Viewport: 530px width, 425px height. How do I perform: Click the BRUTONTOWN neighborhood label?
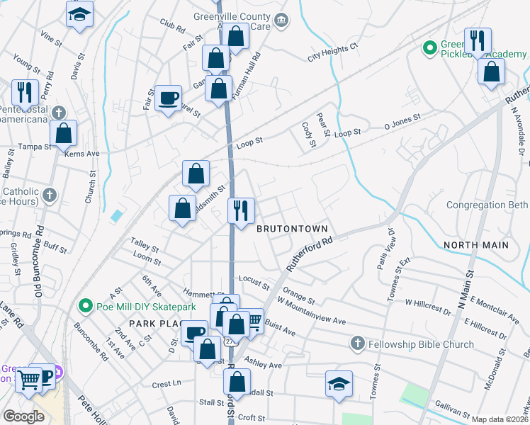click(x=292, y=229)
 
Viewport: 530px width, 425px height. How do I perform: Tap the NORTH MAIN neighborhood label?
click(x=475, y=245)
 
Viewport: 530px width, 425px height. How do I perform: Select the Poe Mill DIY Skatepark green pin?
click(x=86, y=306)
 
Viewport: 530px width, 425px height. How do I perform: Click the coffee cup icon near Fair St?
click(x=168, y=98)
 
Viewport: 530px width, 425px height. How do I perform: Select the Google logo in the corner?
click(x=23, y=416)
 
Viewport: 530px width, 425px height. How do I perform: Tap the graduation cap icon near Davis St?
click(x=79, y=13)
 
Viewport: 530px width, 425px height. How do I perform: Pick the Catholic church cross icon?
click(x=49, y=194)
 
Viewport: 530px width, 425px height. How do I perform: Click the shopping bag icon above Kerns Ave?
click(x=64, y=132)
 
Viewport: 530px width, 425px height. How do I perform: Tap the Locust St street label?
click(x=254, y=284)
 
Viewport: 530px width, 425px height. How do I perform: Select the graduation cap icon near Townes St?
click(x=338, y=382)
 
